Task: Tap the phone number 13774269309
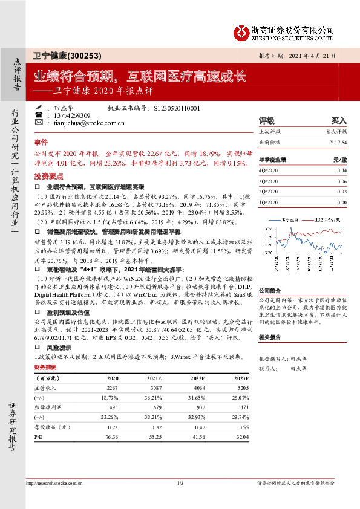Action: tap(72, 115)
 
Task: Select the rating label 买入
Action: tap(339, 120)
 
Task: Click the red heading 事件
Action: tap(41, 141)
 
